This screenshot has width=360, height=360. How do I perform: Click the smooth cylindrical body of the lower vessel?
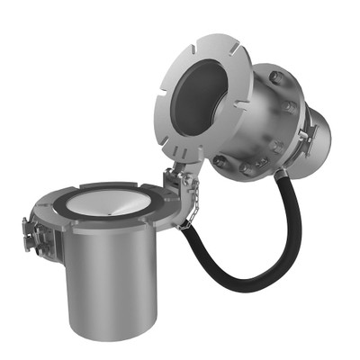coord(117,288)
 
